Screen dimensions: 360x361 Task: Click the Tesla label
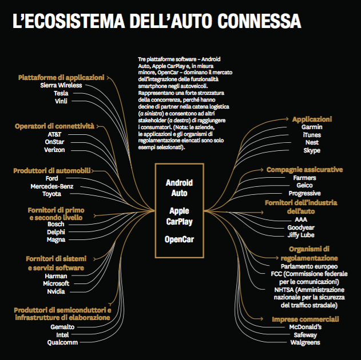(x=61, y=93)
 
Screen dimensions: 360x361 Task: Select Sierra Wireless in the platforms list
(x=61, y=85)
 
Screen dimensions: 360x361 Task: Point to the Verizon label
(x=54, y=150)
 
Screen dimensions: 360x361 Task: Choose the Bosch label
(x=56, y=224)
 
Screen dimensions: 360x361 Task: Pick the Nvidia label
(x=55, y=291)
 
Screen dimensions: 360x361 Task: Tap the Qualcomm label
(x=62, y=342)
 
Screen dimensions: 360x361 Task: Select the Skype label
(x=312, y=151)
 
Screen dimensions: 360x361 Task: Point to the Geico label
(x=304, y=185)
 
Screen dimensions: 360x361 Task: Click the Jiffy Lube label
(x=301, y=234)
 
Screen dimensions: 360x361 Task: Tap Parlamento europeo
(x=309, y=266)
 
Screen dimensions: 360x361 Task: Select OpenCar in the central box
(x=179, y=239)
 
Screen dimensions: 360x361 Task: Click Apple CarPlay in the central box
(x=179, y=215)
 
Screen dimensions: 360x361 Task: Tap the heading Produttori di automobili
(x=51, y=170)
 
